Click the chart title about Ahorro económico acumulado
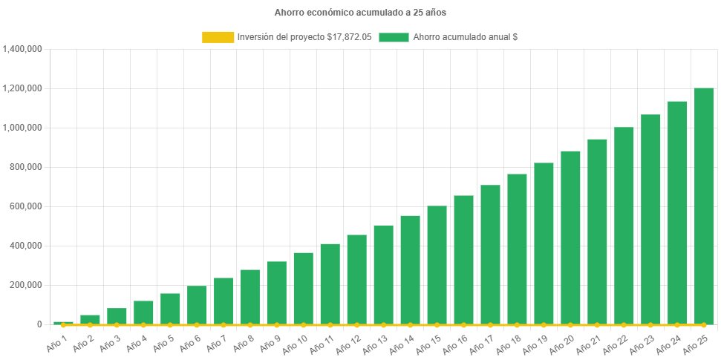click(x=360, y=13)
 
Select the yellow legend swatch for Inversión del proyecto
click(x=218, y=37)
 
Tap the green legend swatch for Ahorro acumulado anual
click(x=394, y=37)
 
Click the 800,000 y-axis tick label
click(x=25, y=167)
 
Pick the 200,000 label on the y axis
click(x=25, y=285)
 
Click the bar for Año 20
click(x=570, y=238)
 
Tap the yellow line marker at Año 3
click(x=117, y=325)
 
